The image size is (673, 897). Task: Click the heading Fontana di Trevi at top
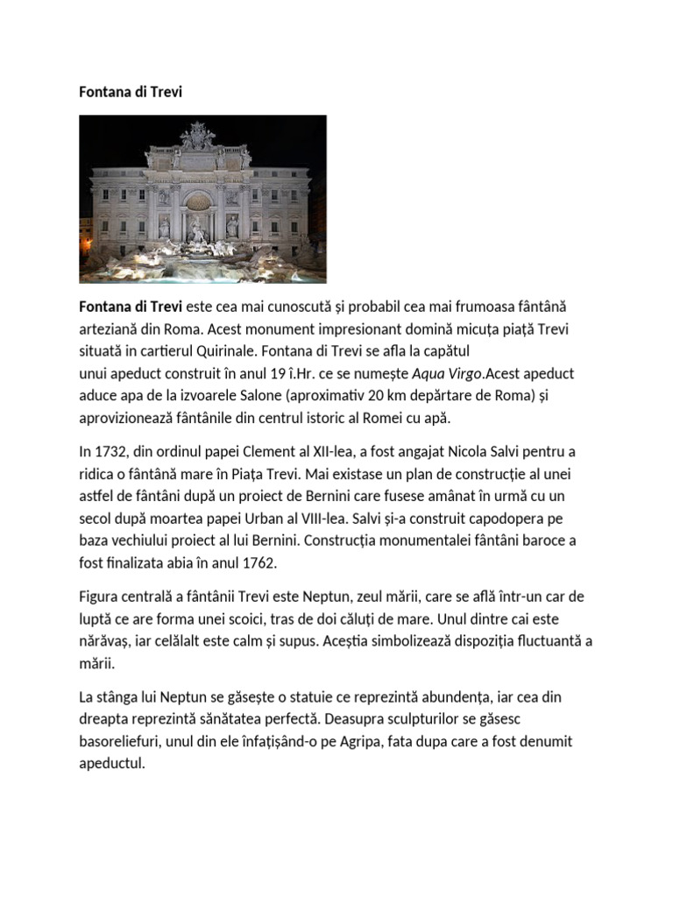coord(131,92)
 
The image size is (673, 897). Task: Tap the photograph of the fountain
coord(202,199)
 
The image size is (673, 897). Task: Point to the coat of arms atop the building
coord(197,136)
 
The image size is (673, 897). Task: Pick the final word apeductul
coord(111,763)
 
